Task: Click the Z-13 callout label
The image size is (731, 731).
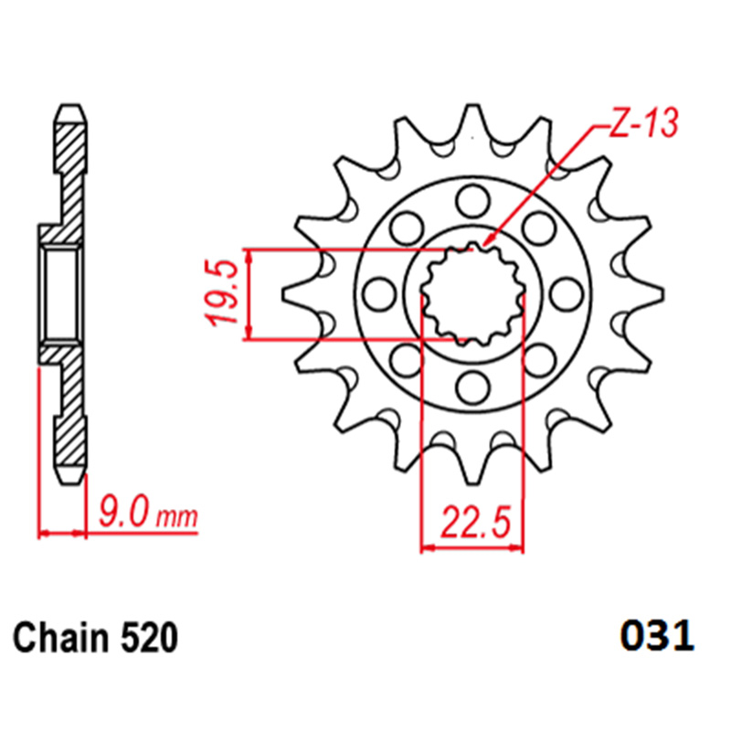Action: click(643, 124)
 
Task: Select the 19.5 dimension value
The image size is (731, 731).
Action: click(222, 293)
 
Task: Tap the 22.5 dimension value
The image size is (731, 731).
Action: click(475, 521)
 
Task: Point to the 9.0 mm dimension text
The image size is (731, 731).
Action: click(148, 512)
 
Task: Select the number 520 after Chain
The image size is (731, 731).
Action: click(150, 638)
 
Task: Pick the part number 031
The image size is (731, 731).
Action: click(657, 636)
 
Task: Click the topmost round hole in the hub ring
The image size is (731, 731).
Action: click(472, 201)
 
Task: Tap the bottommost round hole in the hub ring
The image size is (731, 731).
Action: click(472, 387)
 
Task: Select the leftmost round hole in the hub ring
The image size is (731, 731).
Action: click(379, 294)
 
